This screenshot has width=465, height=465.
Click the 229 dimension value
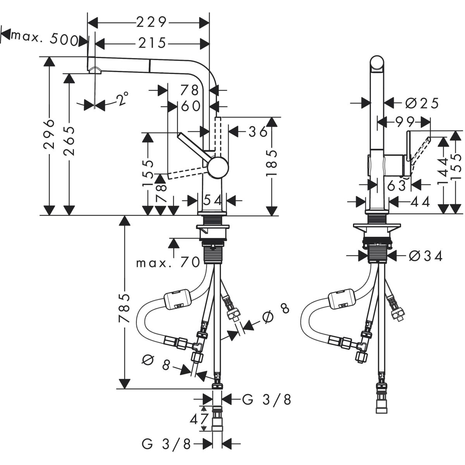[151, 22]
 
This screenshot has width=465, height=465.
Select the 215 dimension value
[151, 43]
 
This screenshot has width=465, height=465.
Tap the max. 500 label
[44, 38]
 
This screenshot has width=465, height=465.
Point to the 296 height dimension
[49, 134]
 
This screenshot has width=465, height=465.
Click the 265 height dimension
[69, 140]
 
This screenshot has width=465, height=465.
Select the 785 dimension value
[124, 308]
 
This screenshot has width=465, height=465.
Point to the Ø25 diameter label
[422, 103]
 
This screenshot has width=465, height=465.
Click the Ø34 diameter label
[425, 256]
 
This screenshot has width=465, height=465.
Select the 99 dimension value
[403, 122]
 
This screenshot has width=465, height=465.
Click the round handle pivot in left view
[217, 167]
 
